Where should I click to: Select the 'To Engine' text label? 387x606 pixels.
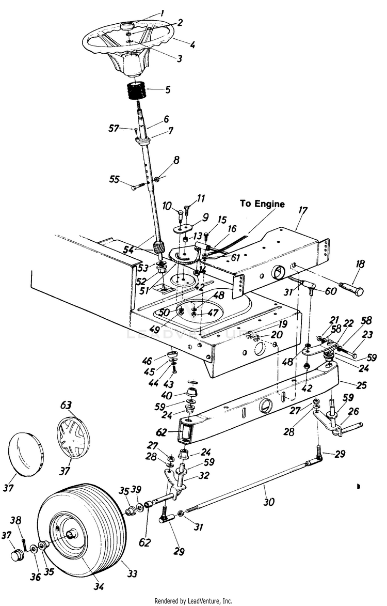(262, 204)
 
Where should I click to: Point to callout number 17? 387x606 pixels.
(302, 210)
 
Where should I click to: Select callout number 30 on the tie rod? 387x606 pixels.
(268, 501)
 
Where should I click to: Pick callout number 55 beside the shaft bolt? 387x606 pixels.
(114, 179)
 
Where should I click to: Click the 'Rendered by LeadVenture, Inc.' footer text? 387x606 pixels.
(193, 601)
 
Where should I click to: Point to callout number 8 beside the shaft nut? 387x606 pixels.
(176, 161)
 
